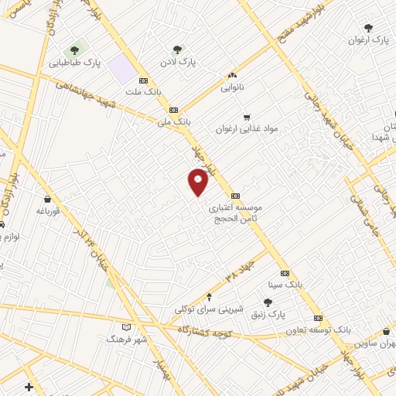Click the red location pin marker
[199, 183]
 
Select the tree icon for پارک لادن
[179, 48]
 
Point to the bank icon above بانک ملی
[173, 110]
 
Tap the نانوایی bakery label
[231, 88]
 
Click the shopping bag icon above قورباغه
[47, 198]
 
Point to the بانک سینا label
[284, 285]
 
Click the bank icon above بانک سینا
[285, 273]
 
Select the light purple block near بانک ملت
[121, 68]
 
